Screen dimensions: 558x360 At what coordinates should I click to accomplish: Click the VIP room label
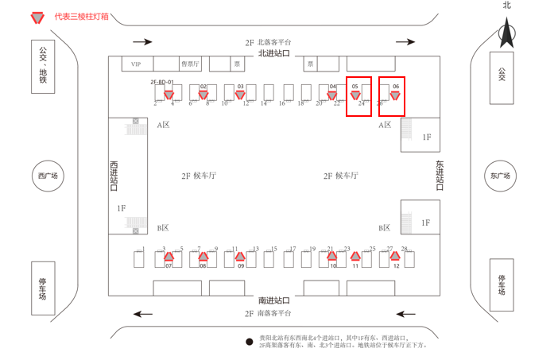coord(136,64)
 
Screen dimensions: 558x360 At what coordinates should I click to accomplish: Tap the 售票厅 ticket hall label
coord(191,64)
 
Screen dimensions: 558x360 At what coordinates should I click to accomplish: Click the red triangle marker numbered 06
coord(394,95)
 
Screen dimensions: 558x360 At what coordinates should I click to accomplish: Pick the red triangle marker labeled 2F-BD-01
coord(169,95)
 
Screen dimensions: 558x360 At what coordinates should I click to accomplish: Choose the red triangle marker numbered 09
coord(240,256)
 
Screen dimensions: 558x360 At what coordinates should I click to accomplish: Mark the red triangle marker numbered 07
coord(169,256)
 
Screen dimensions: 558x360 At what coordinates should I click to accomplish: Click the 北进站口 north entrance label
coord(274,52)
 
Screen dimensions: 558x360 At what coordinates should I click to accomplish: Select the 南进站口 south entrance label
coord(274,300)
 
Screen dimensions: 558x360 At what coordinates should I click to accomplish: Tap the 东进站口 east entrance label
coord(440,176)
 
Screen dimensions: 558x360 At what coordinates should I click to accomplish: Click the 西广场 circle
coord(48,176)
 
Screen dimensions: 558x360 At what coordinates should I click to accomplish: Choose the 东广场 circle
coord(500,176)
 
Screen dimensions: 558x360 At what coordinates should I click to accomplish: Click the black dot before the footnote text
coord(249,340)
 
